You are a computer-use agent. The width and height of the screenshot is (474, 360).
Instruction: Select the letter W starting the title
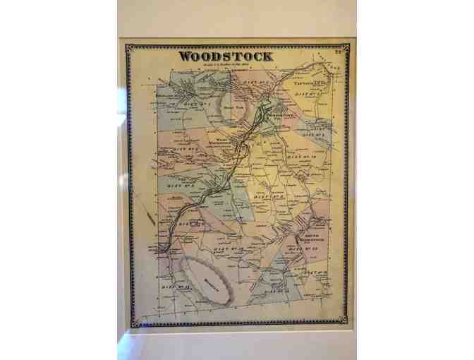pyautogui.click(x=184, y=56)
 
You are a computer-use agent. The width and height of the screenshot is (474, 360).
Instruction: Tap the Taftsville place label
pyautogui.click(x=308, y=82)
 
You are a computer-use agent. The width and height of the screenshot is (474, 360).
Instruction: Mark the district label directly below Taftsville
pyautogui.click(x=304, y=94)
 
